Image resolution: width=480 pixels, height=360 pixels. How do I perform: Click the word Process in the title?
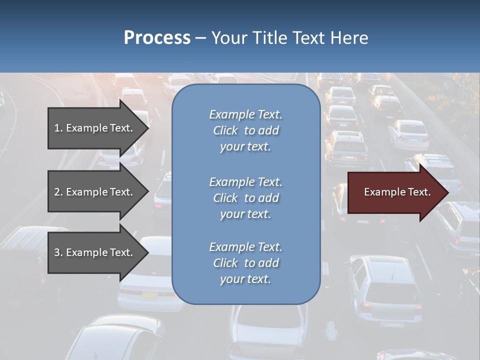pyautogui.click(x=157, y=38)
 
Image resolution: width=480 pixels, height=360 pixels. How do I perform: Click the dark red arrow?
pyautogui.click(x=395, y=192)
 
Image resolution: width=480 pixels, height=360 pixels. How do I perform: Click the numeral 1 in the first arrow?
pyautogui.click(x=57, y=128)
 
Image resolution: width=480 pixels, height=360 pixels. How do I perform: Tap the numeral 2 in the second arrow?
pyautogui.click(x=57, y=192)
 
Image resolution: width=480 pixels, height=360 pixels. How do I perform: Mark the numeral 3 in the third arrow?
pyautogui.click(x=57, y=252)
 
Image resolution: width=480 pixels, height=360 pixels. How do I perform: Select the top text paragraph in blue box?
pyautogui.click(x=245, y=130)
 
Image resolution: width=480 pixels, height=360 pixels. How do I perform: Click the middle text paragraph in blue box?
pyautogui.click(x=245, y=198)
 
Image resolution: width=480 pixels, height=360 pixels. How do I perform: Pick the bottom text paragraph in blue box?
pyautogui.click(x=245, y=263)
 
